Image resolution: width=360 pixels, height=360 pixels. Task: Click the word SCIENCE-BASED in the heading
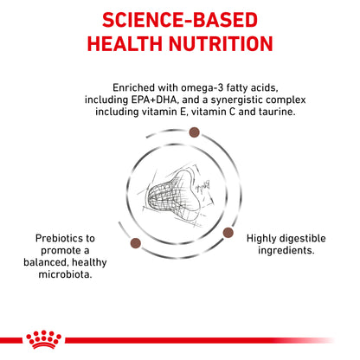tap(180, 19)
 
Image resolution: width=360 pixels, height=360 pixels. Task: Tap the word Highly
tap(266, 238)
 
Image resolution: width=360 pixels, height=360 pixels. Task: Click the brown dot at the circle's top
tap(194, 132)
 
